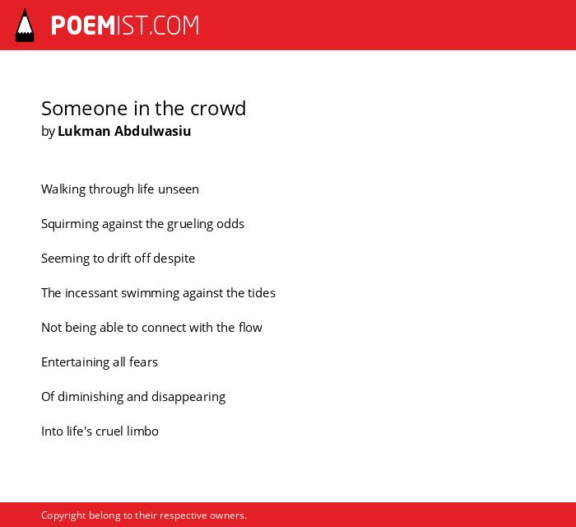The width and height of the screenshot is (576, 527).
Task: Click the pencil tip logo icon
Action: tap(25, 26)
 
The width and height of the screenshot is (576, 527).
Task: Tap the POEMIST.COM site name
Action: tap(125, 26)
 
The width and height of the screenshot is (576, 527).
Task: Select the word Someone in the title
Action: tap(85, 109)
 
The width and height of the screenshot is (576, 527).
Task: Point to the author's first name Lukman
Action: tap(84, 131)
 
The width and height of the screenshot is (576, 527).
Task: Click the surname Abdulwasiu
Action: tap(152, 131)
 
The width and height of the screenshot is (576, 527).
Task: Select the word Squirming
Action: tap(70, 224)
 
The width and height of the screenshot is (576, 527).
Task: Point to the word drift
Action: tap(119, 259)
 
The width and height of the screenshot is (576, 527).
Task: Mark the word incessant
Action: tap(91, 293)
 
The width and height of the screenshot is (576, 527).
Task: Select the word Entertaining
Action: tap(76, 362)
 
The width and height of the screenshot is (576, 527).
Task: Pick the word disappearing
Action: tap(188, 397)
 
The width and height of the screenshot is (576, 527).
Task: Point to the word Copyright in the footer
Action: tap(63, 515)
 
